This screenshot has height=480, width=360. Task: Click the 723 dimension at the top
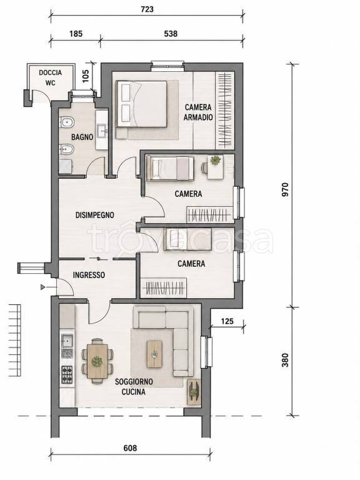(x=147, y=9)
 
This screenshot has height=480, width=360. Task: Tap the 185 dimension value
(x=76, y=33)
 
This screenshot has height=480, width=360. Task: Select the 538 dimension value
(x=171, y=33)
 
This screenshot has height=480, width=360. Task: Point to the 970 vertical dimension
(x=285, y=189)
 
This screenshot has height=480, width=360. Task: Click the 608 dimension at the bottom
(x=130, y=448)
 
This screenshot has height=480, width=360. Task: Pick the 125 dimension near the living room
(x=227, y=321)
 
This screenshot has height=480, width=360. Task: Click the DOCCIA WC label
(x=50, y=77)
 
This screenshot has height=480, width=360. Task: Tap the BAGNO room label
(x=82, y=137)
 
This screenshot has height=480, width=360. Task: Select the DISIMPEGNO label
(x=95, y=215)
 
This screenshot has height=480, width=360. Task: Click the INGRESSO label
(x=89, y=275)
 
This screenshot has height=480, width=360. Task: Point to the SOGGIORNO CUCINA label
(x=134, y=387)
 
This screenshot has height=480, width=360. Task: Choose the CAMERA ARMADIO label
(x=198, y=112)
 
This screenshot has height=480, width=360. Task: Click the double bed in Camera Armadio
(x=142, y=104)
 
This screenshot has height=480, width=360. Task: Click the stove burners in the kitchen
(x=67, y=374)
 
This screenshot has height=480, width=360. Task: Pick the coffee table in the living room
(x=154, y=354)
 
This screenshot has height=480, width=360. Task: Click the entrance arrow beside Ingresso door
(x=42, y=287)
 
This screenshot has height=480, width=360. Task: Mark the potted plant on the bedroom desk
(x=215, y=160)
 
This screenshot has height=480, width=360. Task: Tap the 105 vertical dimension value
(x=86, y=76)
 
